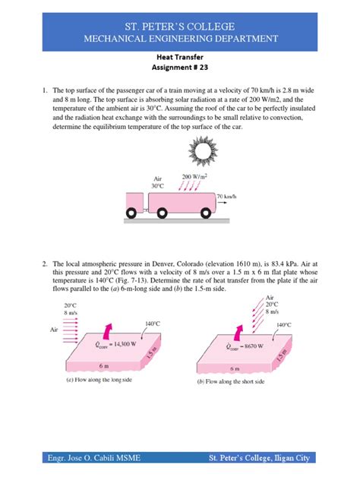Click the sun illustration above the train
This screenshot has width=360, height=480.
[203, 150]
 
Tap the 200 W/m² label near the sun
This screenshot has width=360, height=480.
[194, 177]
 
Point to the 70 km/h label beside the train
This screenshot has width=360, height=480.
[227, 196]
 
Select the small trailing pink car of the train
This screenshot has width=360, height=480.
[134, 202]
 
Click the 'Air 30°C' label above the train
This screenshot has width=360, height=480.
[158, 182]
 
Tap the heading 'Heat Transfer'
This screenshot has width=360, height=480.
[180, 57]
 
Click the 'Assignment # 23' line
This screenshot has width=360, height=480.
[180, 67]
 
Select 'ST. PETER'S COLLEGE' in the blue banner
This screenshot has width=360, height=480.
[180, 27]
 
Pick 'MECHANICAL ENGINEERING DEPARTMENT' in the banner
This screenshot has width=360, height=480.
[181, 39]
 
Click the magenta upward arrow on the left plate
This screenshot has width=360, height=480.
[108, 330]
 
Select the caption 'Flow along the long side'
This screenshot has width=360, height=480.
[99, 380]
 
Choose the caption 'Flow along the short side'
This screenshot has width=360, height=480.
[231, 381]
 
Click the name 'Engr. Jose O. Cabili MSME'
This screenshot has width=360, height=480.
[94, 458]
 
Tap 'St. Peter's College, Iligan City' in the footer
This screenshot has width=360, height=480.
[259, 458]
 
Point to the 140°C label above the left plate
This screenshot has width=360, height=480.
[153, 324]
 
